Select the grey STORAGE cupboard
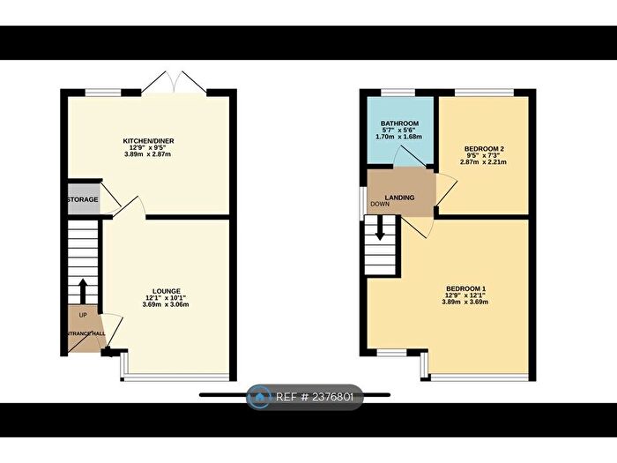pyautogui.click(x=81, y=199)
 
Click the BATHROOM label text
pyautogui.click(x=398, y=124)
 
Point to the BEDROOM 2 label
pyautogui.click(x=483, y=149)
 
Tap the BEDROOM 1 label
pyautogui.click(x=466, y=289)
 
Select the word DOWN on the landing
pyautogui.click(x=380, y=204)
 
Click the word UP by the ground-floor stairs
pyautogui.click(x=83, y=315)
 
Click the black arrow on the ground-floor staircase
pyautogui.click(x=82, y=290)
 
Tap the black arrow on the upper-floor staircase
pyautogui.click(x=380, y=229)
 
